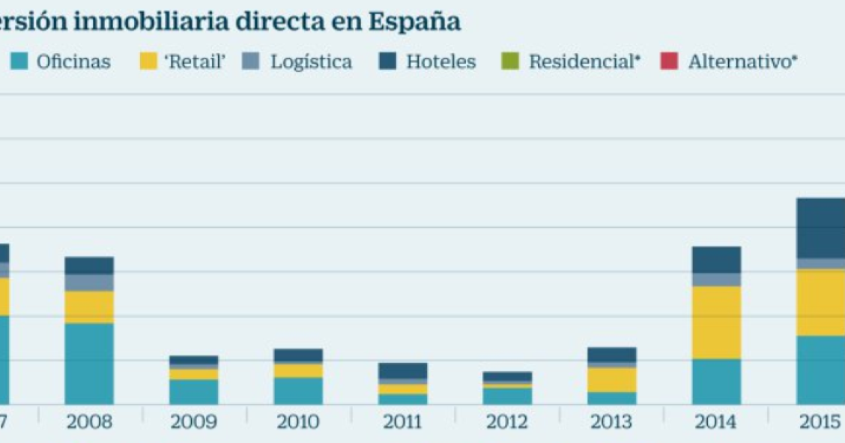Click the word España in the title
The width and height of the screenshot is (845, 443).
pos(414,22)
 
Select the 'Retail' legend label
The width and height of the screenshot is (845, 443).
pos(195,61)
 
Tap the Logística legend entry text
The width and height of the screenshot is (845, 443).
pos(311,61)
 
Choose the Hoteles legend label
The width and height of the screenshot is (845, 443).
pos(440,61)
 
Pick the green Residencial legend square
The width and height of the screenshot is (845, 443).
pos(511,61)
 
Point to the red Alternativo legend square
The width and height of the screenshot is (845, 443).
pos(669,61)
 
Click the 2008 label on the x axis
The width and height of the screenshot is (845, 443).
pos(89,422)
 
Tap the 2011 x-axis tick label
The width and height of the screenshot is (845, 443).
pos(403,422)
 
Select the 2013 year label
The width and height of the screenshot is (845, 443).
pos(612,422)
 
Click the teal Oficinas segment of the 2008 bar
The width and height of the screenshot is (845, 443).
pos(89,364)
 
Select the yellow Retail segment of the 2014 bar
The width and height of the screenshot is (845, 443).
pos(716,322)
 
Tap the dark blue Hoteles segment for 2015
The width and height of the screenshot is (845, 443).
pos(820,228)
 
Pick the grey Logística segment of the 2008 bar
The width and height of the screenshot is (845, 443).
pos(89,283)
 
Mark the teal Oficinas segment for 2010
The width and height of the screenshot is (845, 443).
pos(298,391)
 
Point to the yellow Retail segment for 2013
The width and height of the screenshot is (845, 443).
pos(612,379)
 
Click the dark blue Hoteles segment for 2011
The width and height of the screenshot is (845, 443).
pos(403,370)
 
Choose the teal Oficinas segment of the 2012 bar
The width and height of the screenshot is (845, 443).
pos(507,396)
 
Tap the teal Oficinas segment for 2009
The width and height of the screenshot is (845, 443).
pos(194,391)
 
